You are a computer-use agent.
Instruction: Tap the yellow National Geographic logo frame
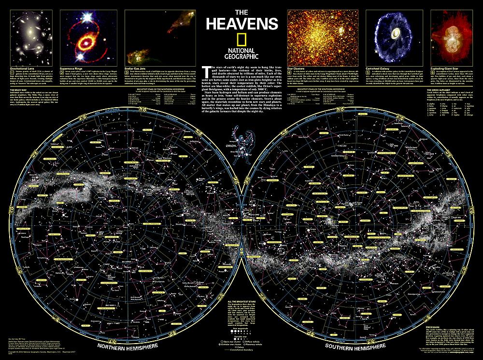point(241,39)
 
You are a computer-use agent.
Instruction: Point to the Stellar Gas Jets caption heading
point(136,69)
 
